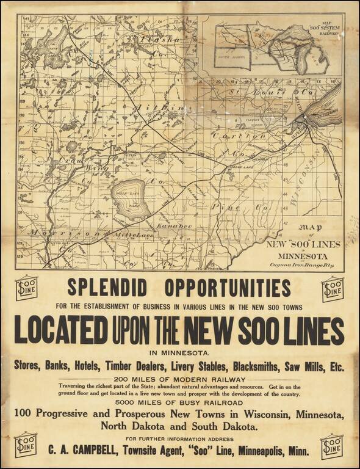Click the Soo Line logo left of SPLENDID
point(26,288)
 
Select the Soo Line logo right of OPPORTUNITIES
point(333,288)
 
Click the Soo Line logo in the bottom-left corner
point(26,445)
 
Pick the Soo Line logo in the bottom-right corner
point(333,446)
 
